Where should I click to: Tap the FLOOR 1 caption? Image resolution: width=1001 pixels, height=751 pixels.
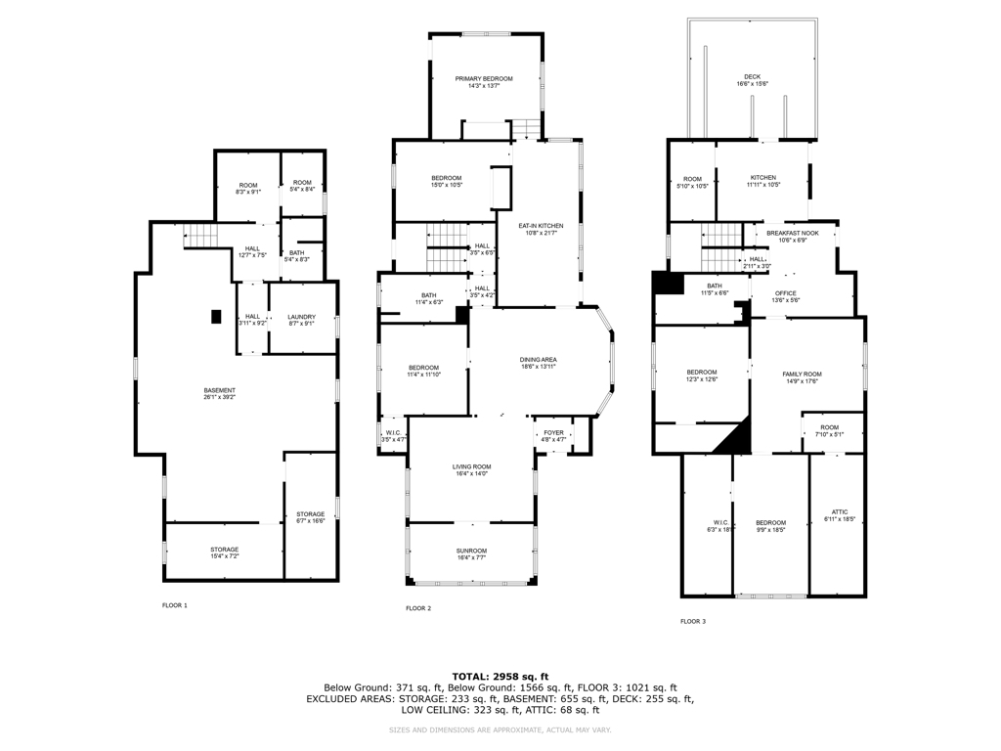[175, 605]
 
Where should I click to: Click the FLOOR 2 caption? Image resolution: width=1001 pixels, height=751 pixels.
[418, 608]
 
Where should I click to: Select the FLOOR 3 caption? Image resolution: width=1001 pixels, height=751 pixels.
[693, 621]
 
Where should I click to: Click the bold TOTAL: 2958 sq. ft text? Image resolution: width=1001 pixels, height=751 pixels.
[500, 676]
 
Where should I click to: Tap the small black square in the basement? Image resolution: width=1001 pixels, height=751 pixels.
[216, 316]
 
